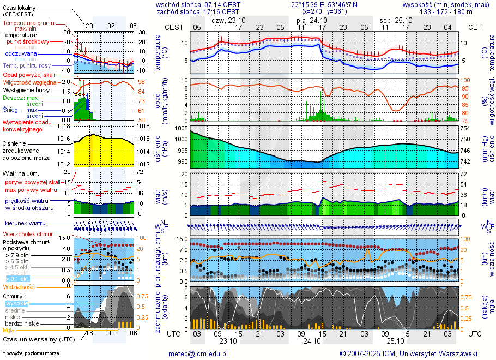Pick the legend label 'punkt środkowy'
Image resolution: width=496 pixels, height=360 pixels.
(x=28, y=41)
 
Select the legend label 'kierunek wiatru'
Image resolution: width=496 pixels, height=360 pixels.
(x=25, y=224)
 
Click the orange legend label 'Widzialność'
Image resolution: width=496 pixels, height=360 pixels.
(x=19, y=286)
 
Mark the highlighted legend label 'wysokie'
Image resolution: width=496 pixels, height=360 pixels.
(x=16, y=303)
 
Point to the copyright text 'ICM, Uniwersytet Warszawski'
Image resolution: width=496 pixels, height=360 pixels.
(x=431, y=353)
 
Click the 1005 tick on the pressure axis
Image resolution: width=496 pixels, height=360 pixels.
(x=181, y=128)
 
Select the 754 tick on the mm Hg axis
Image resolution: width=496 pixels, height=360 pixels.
(x=464, y=128)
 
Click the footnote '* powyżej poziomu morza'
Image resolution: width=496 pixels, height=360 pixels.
(x=31, y=353)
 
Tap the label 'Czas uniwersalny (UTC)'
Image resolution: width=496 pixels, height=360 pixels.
(x=38, y=339)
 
